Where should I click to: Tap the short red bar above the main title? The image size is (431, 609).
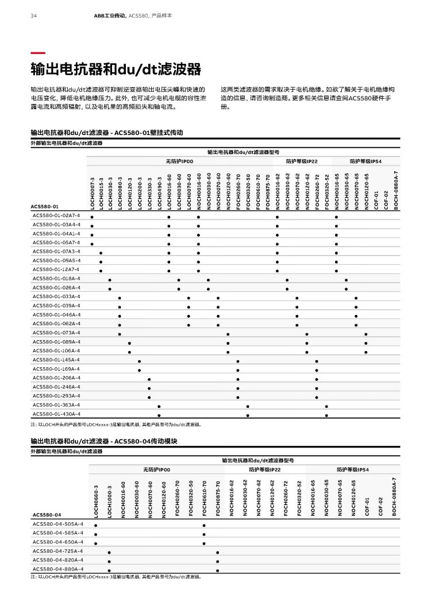pos(38,53)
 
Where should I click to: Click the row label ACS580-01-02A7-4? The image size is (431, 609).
pos(56,215)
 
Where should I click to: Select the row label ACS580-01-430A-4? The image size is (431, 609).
pos(56,414)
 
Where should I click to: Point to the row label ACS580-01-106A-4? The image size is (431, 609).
pos(56,350)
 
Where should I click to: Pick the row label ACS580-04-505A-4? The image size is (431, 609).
pos(57,524)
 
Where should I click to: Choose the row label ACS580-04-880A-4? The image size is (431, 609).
pos(57,569)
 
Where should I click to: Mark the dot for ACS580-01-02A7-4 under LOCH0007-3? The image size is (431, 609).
pos(92,218)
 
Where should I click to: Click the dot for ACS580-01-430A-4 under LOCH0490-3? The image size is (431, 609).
pos(159,415)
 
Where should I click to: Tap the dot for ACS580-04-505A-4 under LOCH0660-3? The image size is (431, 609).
pos(96,525)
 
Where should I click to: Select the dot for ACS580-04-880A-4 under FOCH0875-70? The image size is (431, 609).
pos(218,571)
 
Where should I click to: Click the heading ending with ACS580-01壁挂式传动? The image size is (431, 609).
pos(107,133)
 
